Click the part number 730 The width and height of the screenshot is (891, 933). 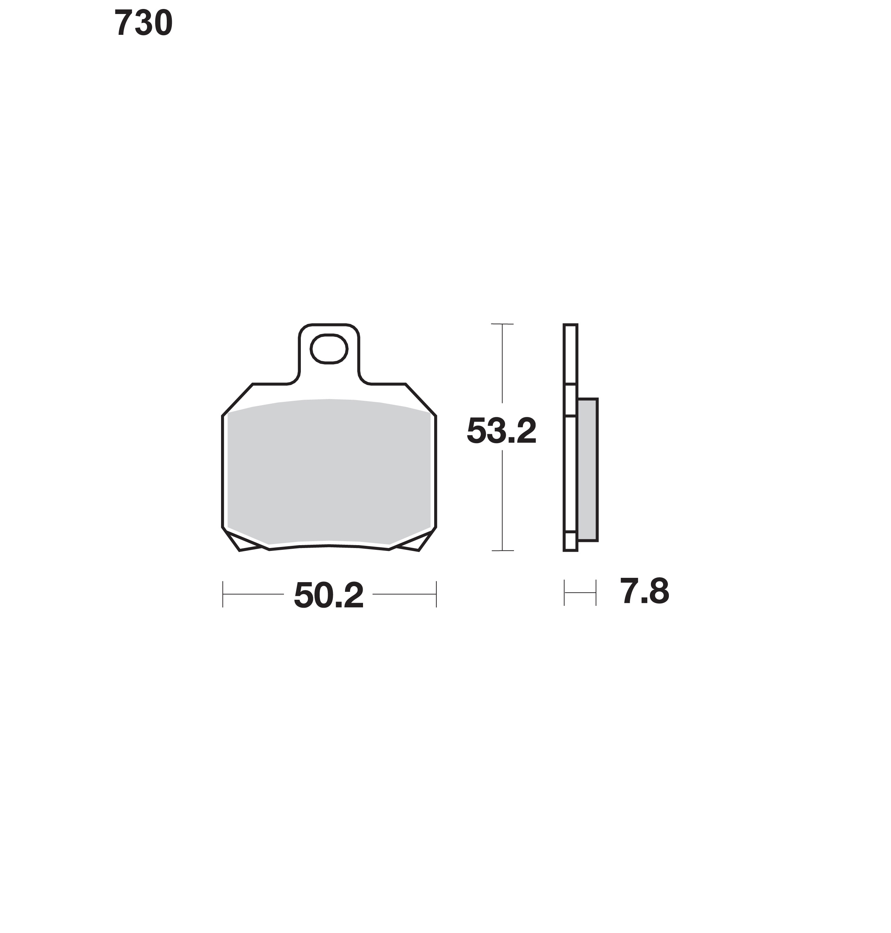(x=143, y=23)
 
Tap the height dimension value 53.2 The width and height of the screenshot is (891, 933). (x=501, y=431)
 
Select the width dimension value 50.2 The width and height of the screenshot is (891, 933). (x=329, y=595)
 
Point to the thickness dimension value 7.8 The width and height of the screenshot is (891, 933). (x=644, y=591)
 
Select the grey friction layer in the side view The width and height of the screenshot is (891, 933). (x=588, y=470)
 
